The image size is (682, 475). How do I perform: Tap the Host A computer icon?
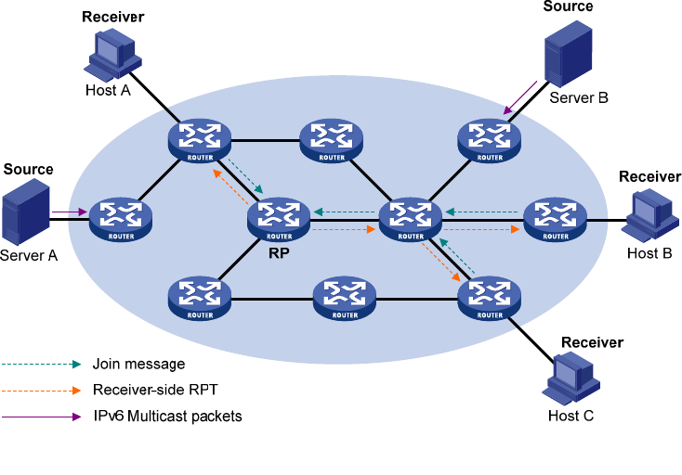point(112,54)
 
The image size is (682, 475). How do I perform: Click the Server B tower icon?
point(568,52)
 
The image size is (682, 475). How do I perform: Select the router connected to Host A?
point(199,140)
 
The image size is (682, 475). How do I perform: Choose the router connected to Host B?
point(556,219)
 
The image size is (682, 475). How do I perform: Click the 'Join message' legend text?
point(138,364)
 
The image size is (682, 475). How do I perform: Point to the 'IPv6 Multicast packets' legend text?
point(167,417)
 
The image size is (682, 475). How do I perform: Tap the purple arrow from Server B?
point(521,99)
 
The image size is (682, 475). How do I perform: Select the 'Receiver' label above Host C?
point(592,342)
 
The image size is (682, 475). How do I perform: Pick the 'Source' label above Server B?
point(568,6)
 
